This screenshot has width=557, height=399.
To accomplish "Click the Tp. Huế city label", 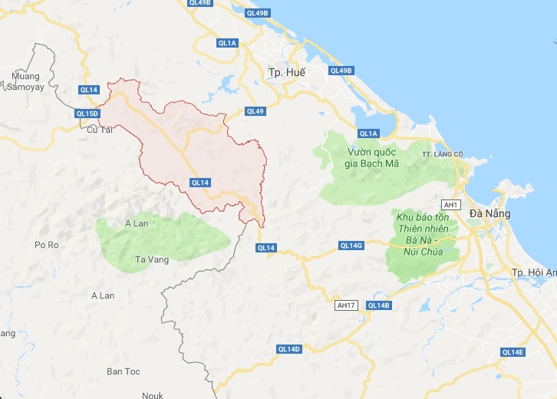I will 287,72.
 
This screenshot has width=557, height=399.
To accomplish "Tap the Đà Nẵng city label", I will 485,213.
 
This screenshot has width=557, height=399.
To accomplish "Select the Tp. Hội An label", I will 532,273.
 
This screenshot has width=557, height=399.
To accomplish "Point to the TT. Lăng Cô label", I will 443,154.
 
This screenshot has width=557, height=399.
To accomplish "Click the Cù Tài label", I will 100,130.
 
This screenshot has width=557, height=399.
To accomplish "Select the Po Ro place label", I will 47,245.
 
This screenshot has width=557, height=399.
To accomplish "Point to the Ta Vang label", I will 151,259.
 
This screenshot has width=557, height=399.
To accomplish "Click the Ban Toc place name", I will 124,371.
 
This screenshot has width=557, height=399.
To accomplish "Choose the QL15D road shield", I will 87,114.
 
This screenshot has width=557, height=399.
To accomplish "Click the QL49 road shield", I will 255,111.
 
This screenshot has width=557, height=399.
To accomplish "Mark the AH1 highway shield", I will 450,205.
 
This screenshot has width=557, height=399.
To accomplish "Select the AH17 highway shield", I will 347,305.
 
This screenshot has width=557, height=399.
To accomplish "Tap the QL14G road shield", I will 351,246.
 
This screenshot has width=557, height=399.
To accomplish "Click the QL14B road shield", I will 379,305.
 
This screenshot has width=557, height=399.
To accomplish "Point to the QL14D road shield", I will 289,349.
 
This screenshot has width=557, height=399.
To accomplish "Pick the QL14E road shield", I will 513,352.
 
